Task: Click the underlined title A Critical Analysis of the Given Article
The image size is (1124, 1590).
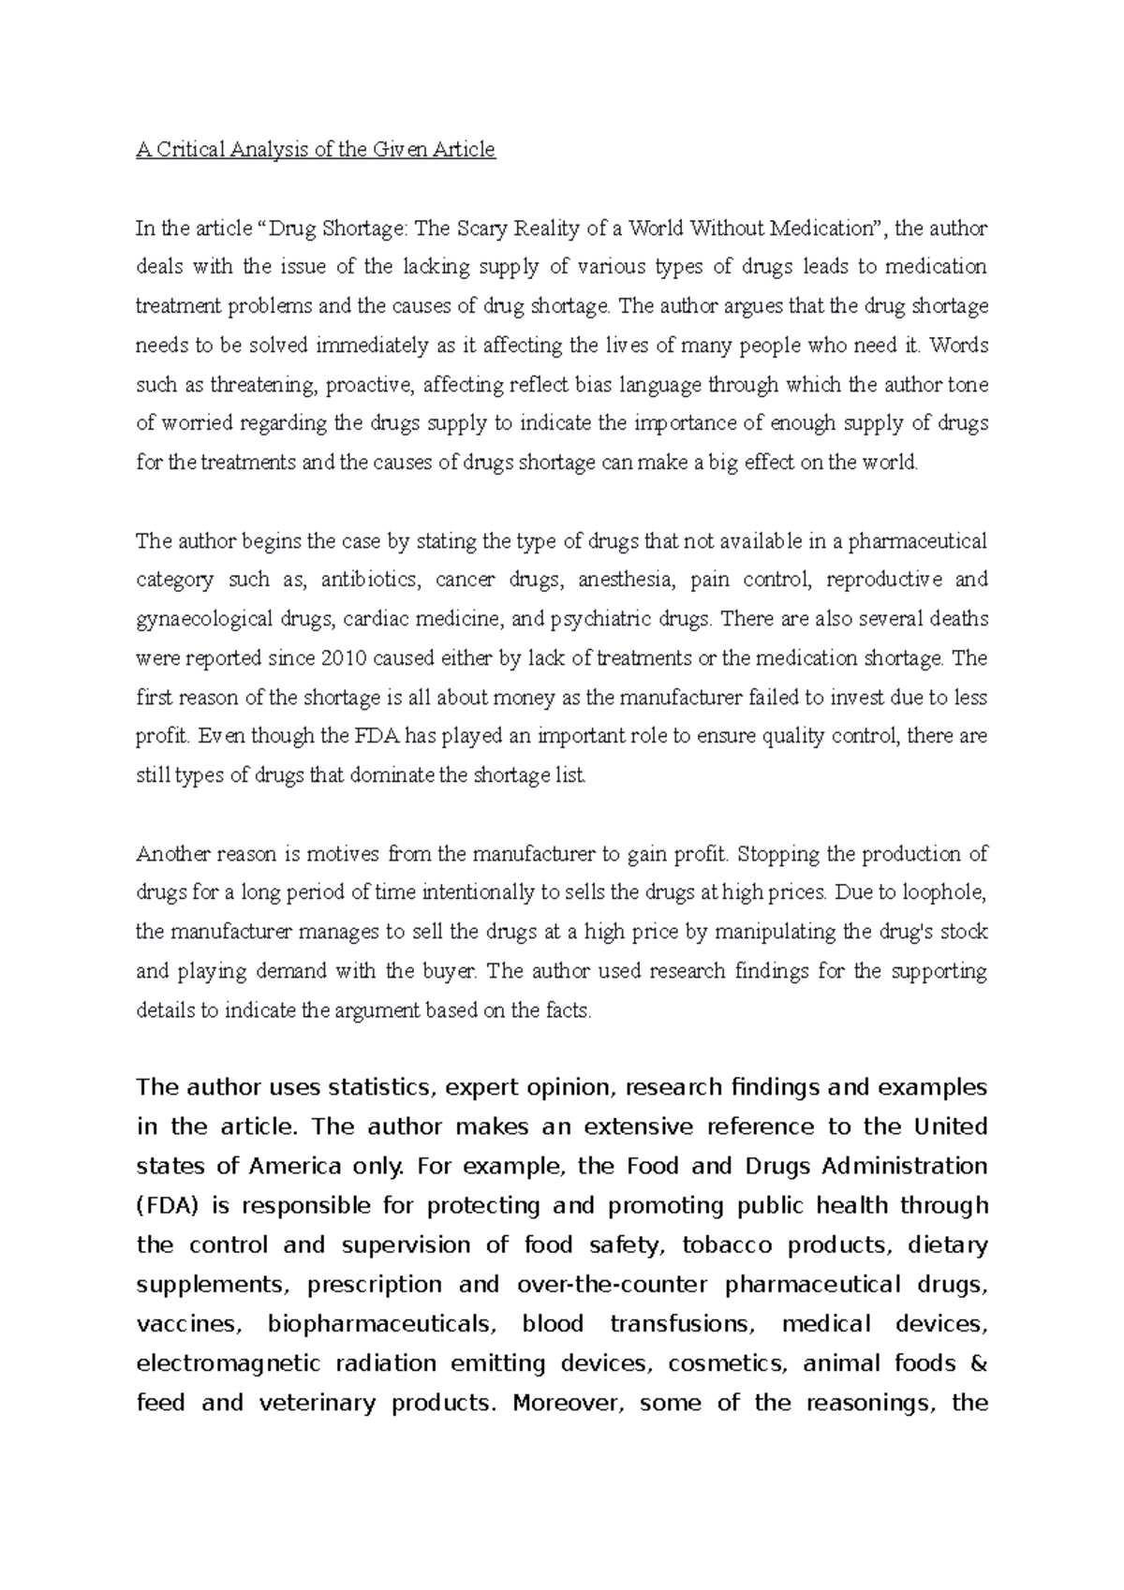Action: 315,150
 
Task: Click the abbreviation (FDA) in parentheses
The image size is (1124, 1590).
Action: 169,1206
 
